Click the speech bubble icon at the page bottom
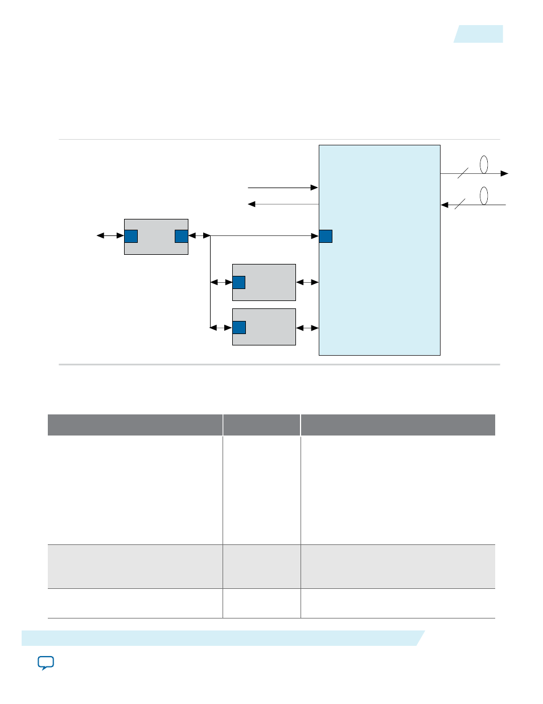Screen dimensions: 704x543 pos(46,663)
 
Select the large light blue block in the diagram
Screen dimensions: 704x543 pos(379,285)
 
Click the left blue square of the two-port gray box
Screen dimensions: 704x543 pos(131,236)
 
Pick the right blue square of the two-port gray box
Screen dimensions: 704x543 pos(181,236)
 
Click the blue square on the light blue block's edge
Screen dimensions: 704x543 pos(326,236)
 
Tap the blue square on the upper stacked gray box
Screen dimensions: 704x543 pos(239,282)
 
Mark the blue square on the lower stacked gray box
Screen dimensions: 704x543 pos(239,327)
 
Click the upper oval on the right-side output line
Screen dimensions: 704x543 pos(484,164)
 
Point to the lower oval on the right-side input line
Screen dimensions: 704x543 pos(484,196)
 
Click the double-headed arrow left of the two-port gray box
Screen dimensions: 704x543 pos(110,235)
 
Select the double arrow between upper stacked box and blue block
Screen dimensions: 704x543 pos(307,282)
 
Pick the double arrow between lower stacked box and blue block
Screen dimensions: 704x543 pos(307,328)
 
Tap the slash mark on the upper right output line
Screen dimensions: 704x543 pos(463,173)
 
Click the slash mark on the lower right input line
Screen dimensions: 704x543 pos(460,204)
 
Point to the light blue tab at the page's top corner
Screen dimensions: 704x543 pos(479,34)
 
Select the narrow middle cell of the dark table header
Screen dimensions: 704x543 pos(261,425)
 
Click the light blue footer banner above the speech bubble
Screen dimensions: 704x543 pos(222,638)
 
